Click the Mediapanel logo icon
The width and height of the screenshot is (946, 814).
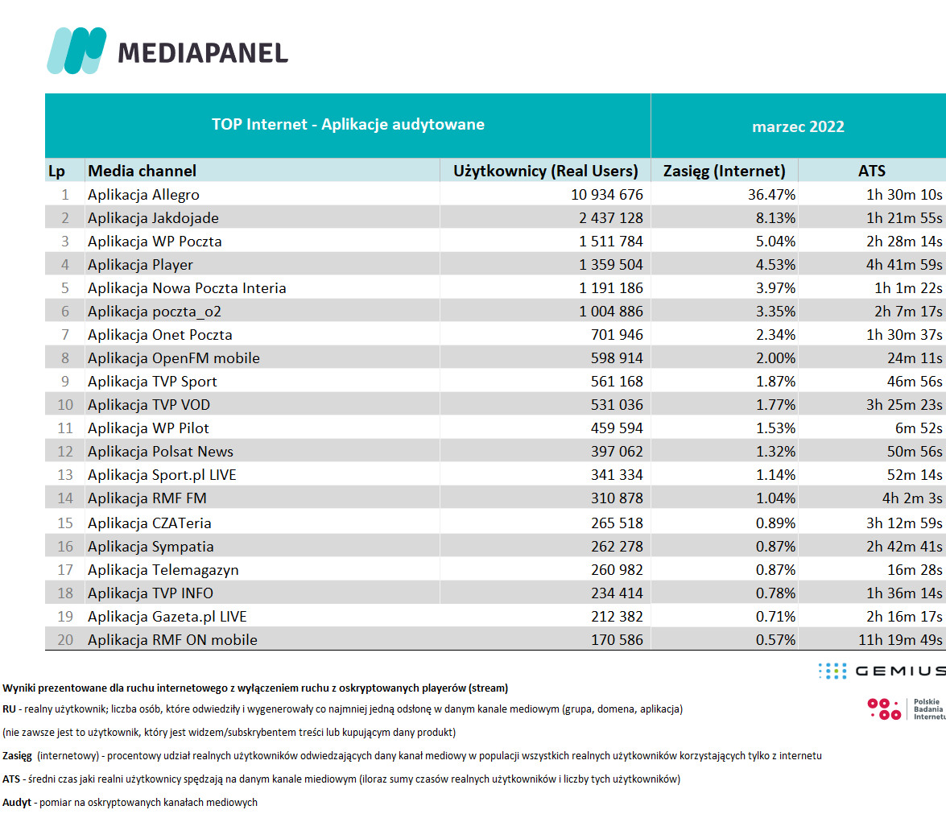pyautogui.click(x=76, y=51)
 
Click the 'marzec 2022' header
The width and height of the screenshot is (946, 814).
pyautogui.click(x=798, y=126)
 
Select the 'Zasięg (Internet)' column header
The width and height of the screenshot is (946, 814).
pyautogui.click(x=724, y=171)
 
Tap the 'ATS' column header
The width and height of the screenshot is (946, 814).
pyautogui.click(x=872, y=171)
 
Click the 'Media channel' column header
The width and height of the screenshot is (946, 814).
pyautogui.click(x=143, y=171)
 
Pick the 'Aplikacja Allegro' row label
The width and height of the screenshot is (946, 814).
pyautogui.click(x=143, y=195)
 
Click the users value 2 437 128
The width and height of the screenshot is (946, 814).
pyautogui.click(x=610, y=218)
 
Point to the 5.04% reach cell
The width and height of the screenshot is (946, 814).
pyautogui.click(x=775, y=242)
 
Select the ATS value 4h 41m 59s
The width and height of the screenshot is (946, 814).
pyautogui.click(x=904, y=265)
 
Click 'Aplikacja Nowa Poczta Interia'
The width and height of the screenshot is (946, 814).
pyautogui.click(x=187, y=287)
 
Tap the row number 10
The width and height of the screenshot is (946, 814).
pyautogui.click(x=65, y=405)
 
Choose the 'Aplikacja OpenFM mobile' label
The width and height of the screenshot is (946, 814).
pyautogui.click(x=174, y=358)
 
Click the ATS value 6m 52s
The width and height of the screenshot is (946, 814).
pyautogui.click(x=919, y=428)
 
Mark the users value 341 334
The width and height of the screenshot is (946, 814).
pyautogui.click(x=617, y=475)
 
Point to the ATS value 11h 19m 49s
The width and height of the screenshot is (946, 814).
pyautogui.click(x=900, y=640)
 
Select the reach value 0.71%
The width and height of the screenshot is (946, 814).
pyautogui.click(x=775, y=617)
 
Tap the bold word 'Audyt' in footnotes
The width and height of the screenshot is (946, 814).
pyautogui.click(x=17, y=803)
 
